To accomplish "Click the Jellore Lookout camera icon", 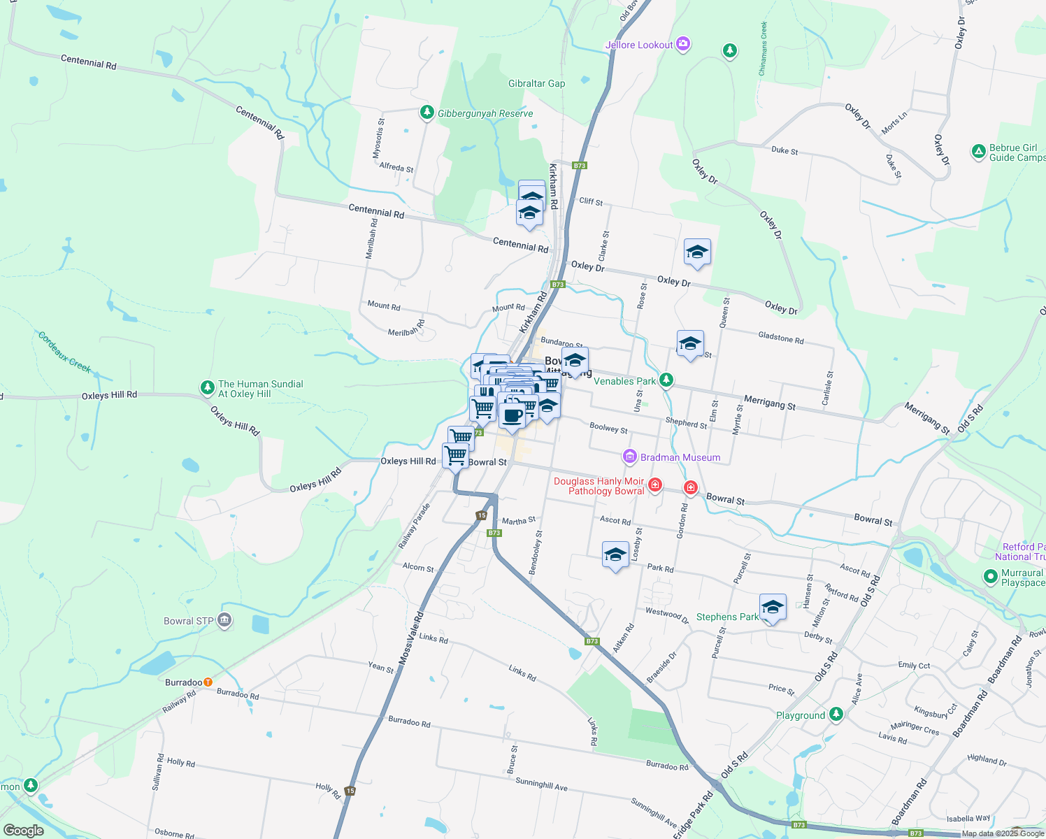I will point(683,45).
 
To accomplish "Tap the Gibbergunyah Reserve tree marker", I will point(427,113).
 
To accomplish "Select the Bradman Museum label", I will point(680,457).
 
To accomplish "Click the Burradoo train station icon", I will point(208,682).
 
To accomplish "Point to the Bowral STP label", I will point(188,621).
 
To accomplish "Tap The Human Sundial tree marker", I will point(207,387).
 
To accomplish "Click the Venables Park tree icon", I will point(666,380).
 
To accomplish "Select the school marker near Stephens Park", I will point(773,607).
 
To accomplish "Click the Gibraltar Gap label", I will point(536,83).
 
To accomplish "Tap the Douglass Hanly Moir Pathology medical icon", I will point(655,485).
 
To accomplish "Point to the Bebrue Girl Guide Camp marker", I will point(979,151).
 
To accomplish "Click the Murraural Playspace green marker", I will point(990,577).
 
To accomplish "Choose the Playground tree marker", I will point(836,715).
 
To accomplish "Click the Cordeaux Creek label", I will point(64,352).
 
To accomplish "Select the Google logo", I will point(24,831).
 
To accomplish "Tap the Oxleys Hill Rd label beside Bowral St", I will point(408,461).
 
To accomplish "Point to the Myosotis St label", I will point(378,138).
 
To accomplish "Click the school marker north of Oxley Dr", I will point(697,252).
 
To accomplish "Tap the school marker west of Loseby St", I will point(615,555).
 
